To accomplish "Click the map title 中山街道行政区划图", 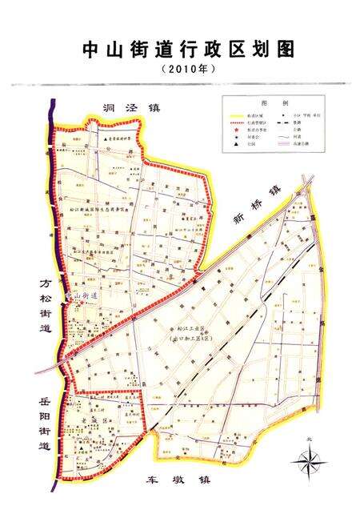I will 189,50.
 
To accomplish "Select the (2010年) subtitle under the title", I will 189,70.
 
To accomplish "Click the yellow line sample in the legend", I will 239,116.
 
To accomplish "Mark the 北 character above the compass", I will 309,439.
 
